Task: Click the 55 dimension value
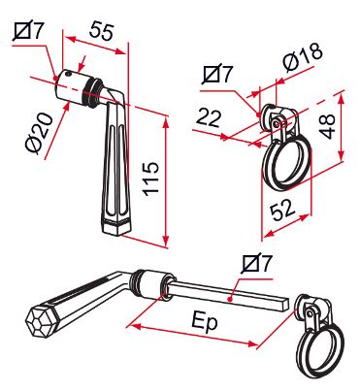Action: click(x=102, y=31)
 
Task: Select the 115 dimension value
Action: click(x=151, y=178)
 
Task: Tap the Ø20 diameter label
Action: click(x=39, y=133)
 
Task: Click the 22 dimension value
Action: click(x=209, y=117)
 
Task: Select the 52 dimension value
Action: click(x=283, y=210)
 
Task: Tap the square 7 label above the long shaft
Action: click(x=258, y=263)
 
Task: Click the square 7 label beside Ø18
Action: click(x=218, y=74)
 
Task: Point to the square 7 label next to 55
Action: click(x=28, y=31)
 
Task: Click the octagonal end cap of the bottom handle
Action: click(x=40, y=321)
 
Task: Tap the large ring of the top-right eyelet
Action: click(x=286, y=164)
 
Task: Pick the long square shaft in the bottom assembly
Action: click(x=227, y=295)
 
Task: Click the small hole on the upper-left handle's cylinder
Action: click(x=69, y=74)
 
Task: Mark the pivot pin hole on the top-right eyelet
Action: click(x=276, y=124)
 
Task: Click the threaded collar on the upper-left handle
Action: click(x=92, y=91)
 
